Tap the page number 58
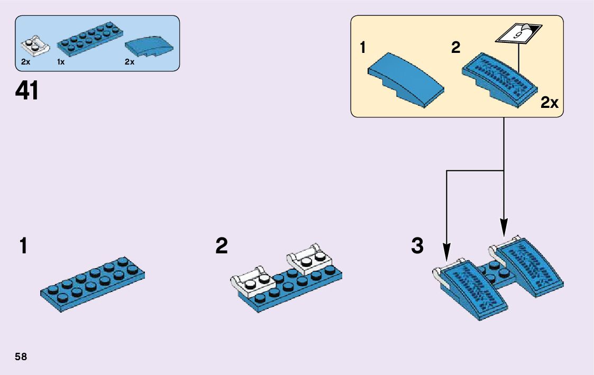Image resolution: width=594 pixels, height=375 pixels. coord(21,356)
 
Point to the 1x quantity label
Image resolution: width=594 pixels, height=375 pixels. coord(61,62)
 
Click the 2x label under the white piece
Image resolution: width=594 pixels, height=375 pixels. coord(25,62)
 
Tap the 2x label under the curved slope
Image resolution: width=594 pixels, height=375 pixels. coord(130,62)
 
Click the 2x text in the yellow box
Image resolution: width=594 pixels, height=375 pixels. coord(550,103)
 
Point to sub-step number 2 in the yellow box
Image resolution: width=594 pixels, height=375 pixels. coord(456,48)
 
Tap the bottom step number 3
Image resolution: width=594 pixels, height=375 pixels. coord(417,246)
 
